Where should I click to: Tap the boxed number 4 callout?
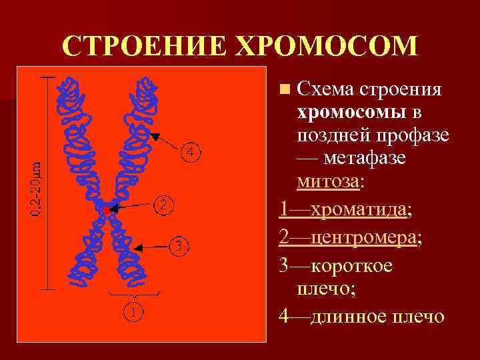(191, 153)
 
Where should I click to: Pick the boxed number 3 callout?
(178, 247)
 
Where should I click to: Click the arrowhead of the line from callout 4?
(154, 137)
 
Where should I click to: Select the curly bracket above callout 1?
(134, 295)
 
